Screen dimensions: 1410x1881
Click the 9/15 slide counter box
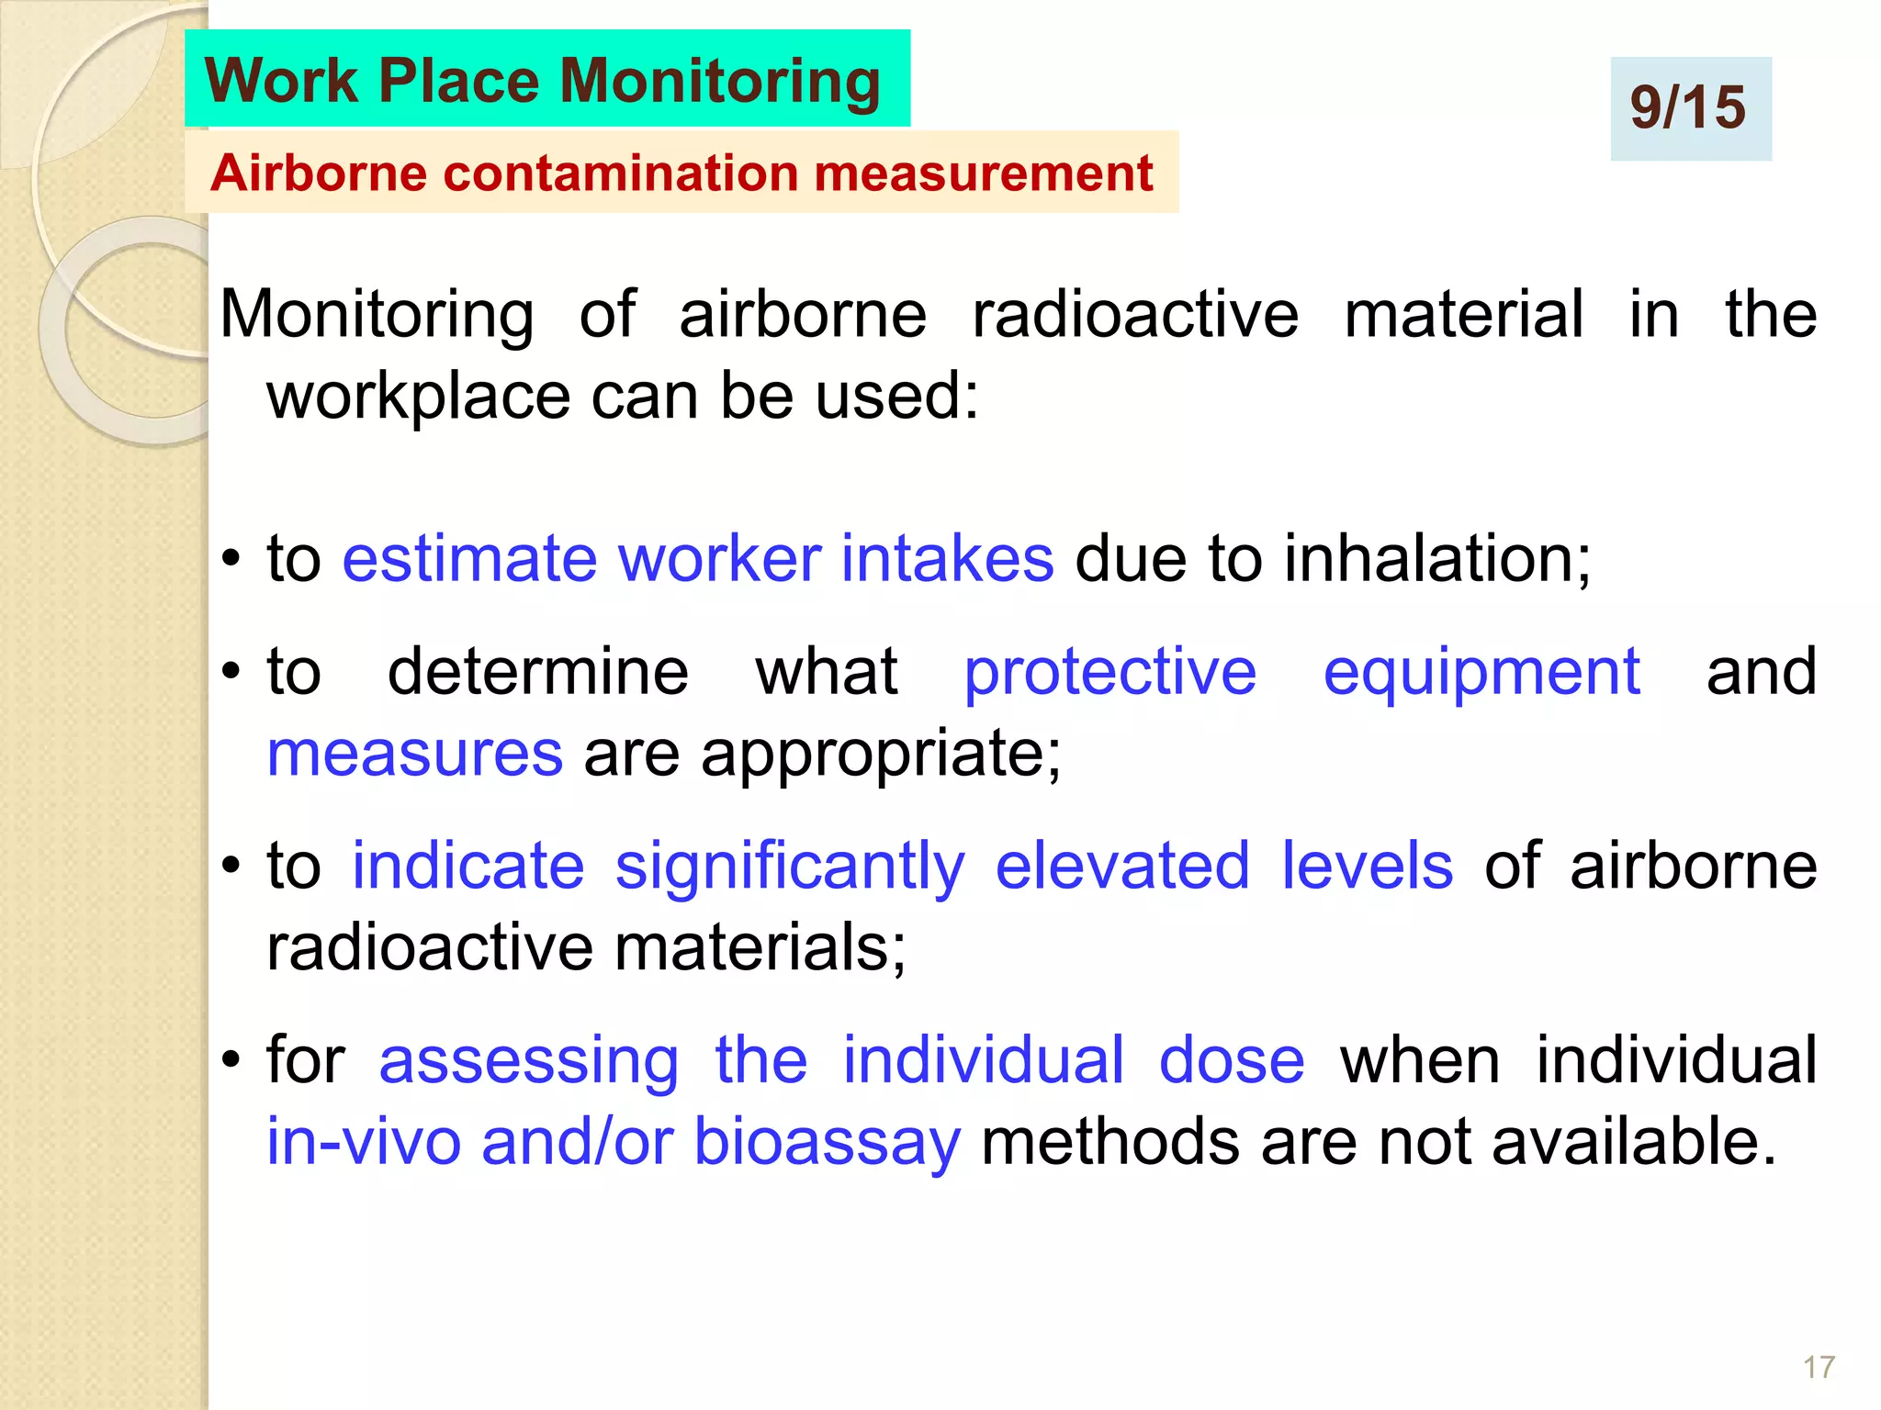tap(1690, 108)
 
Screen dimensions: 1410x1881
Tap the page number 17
tap(1818, 1367)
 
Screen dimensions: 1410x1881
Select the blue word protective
tap(1109, 671)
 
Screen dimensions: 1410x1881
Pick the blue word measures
tap(414, 754)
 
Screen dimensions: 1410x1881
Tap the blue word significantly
tap(790, 867)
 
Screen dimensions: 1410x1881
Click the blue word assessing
tap(529, 1061)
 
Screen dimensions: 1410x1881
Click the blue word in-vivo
tap(364, 1142)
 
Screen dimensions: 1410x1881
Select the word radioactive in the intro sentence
tap(1135, 314)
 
